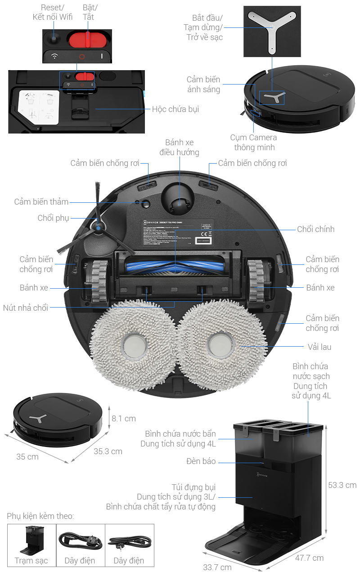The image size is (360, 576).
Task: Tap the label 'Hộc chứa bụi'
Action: click(175, 109)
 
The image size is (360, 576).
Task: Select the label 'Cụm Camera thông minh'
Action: click(254, 143)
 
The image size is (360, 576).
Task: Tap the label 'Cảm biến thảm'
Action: click(41, 201)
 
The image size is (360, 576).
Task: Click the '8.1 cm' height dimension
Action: click(124, 419)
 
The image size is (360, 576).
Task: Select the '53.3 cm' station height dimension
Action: click(342, 485)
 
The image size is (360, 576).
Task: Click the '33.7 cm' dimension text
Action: click(217, 567)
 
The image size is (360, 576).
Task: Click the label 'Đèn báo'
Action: click(201, 461)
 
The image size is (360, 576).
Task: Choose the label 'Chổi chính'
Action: click(315, 229)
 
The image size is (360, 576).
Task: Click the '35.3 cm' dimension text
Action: click(108, 451)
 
